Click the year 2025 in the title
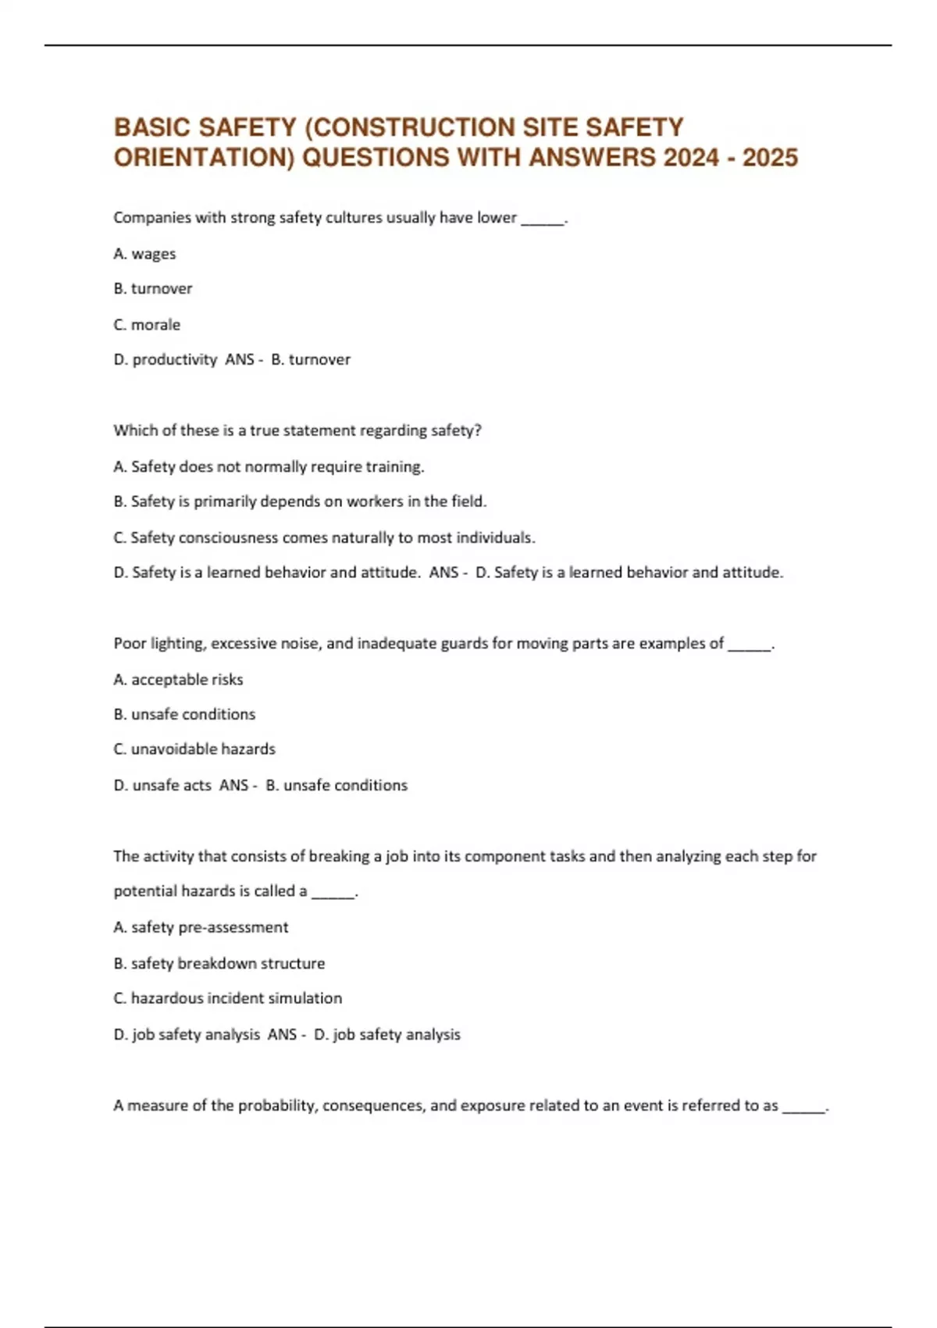coord(770,158)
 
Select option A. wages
coord(144,254)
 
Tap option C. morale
coord(147,324)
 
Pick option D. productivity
coord(166,359)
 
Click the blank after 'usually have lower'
coord(542,219)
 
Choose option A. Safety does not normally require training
coord(269,466)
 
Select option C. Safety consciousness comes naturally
coord(324,537)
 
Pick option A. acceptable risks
coord(178,680)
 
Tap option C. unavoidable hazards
coord(194,749)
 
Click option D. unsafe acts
coord(162,785)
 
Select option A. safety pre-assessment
coord(201,927)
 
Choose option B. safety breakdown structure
coord(219,963)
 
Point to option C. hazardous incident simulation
coord(227,998)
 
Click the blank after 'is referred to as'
coord(804,1107)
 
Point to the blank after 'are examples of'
coord(749,645)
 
